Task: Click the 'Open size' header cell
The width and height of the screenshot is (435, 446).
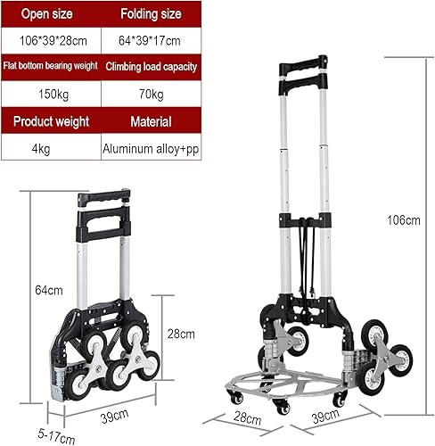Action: [50, 15]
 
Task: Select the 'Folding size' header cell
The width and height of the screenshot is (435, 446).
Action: [151, 15]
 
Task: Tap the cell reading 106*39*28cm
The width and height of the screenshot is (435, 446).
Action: [50, 41]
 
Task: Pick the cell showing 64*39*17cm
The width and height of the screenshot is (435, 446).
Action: [151, 41]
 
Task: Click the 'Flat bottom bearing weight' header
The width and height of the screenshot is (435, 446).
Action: [50, 67]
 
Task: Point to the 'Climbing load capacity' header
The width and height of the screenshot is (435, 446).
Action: [151, 67]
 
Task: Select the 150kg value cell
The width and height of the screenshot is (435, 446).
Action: [50, 93]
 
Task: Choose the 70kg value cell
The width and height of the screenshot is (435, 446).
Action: [151, 93]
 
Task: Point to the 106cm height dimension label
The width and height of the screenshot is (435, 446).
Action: [409, 220]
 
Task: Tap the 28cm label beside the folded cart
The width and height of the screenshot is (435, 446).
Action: [181, 334]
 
